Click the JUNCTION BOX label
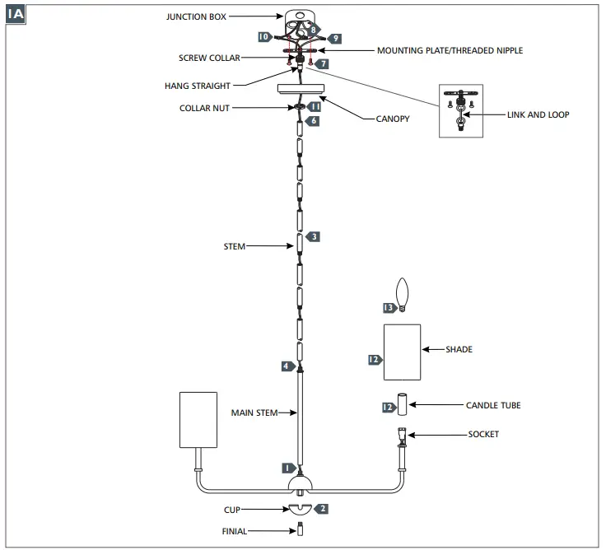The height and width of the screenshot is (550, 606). tap(195, 16)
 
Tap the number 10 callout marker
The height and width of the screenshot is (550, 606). tap(264, 37)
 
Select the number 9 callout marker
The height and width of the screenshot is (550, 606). tap(335, 38)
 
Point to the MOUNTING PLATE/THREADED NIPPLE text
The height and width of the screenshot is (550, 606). tap(450, 51)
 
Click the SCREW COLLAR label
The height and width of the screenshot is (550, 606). tap(210, 58)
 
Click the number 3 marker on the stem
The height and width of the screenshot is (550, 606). tap(314, 236)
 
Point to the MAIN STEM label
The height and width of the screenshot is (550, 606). tap(254, 412)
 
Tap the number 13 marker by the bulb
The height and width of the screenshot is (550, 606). tap(389, 308)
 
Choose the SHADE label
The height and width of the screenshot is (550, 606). tap(459, 350)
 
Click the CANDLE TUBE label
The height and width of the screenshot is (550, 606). tap(492, 405)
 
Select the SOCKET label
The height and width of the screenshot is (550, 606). tap(482, 434)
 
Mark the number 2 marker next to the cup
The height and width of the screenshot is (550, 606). tap(322, 509)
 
